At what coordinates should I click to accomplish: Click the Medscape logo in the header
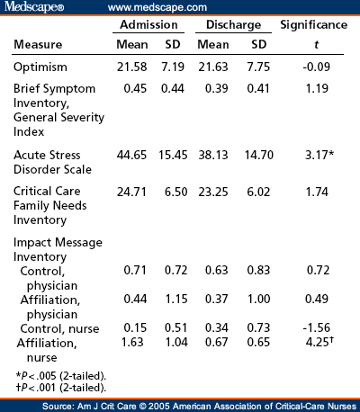pyautogui.click(x=34, y=6)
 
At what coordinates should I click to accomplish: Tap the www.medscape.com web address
pyautogui.click(x=157, y=7)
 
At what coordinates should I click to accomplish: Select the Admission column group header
pyautogui.click(x=148, y=24)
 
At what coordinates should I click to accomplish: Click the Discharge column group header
pyautogui.click(x=233, y=25)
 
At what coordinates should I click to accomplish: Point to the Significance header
pyautogui.click(x=314, y=25)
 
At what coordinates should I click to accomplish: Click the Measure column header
pyautogui.click(x=38, y=45)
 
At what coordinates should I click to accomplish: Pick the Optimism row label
pyautogui.click(x=40, y=67)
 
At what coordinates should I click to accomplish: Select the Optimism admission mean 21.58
pyautogui.click(x=132, y=67)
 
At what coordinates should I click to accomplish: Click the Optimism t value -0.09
pyautogui.click(x=317, y=67)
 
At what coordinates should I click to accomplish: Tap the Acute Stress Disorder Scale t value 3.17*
pyautogui.click(x=319, y=155)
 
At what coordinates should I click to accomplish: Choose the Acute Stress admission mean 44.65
pyautogui.click(x=131, y=155)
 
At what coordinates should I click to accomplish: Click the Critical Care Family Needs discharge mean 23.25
pyautogui.click(x=213, y=192)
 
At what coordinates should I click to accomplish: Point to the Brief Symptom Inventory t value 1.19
pyautogui.click(x=317, y=89)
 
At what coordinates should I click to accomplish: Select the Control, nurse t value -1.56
pyautogui.click(x=317, y=327)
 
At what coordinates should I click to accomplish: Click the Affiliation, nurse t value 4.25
pyautogui.click(x=319, y=342)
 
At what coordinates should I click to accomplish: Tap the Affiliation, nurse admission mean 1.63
pyautogui.click(x=132, y=342)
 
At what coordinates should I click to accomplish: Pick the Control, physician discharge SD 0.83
pyautogui.click(x=258, y=270)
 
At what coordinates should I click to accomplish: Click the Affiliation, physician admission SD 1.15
pyautogui.click(x=176, y=299)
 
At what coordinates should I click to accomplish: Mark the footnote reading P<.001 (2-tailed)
pyautogui.click(x=61, y=388)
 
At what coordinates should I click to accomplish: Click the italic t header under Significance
pyautogui.click(x=316, y=45)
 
